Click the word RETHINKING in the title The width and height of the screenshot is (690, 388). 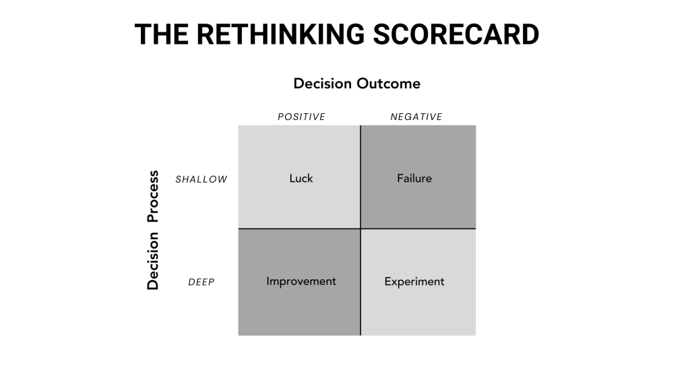280,34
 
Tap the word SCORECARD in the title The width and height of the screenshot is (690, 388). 456,34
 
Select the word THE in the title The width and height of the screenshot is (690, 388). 162,34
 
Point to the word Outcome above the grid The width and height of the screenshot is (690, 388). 389,83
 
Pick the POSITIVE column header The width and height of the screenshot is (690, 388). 301,117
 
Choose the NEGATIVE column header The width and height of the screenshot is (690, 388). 416,117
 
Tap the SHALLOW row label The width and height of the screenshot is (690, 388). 201,179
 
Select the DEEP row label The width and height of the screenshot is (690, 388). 201,282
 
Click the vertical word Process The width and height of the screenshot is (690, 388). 152,196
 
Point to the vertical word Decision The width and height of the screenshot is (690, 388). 152,261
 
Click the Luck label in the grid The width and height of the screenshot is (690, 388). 301,178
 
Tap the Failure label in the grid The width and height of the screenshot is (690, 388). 414,178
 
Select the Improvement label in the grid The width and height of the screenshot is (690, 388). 301,282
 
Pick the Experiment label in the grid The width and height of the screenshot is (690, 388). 414,282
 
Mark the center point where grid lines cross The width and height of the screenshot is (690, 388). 360,229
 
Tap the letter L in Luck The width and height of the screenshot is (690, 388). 292,178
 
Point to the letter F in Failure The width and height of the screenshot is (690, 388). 400,178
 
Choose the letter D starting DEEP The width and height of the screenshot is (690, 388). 191,282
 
